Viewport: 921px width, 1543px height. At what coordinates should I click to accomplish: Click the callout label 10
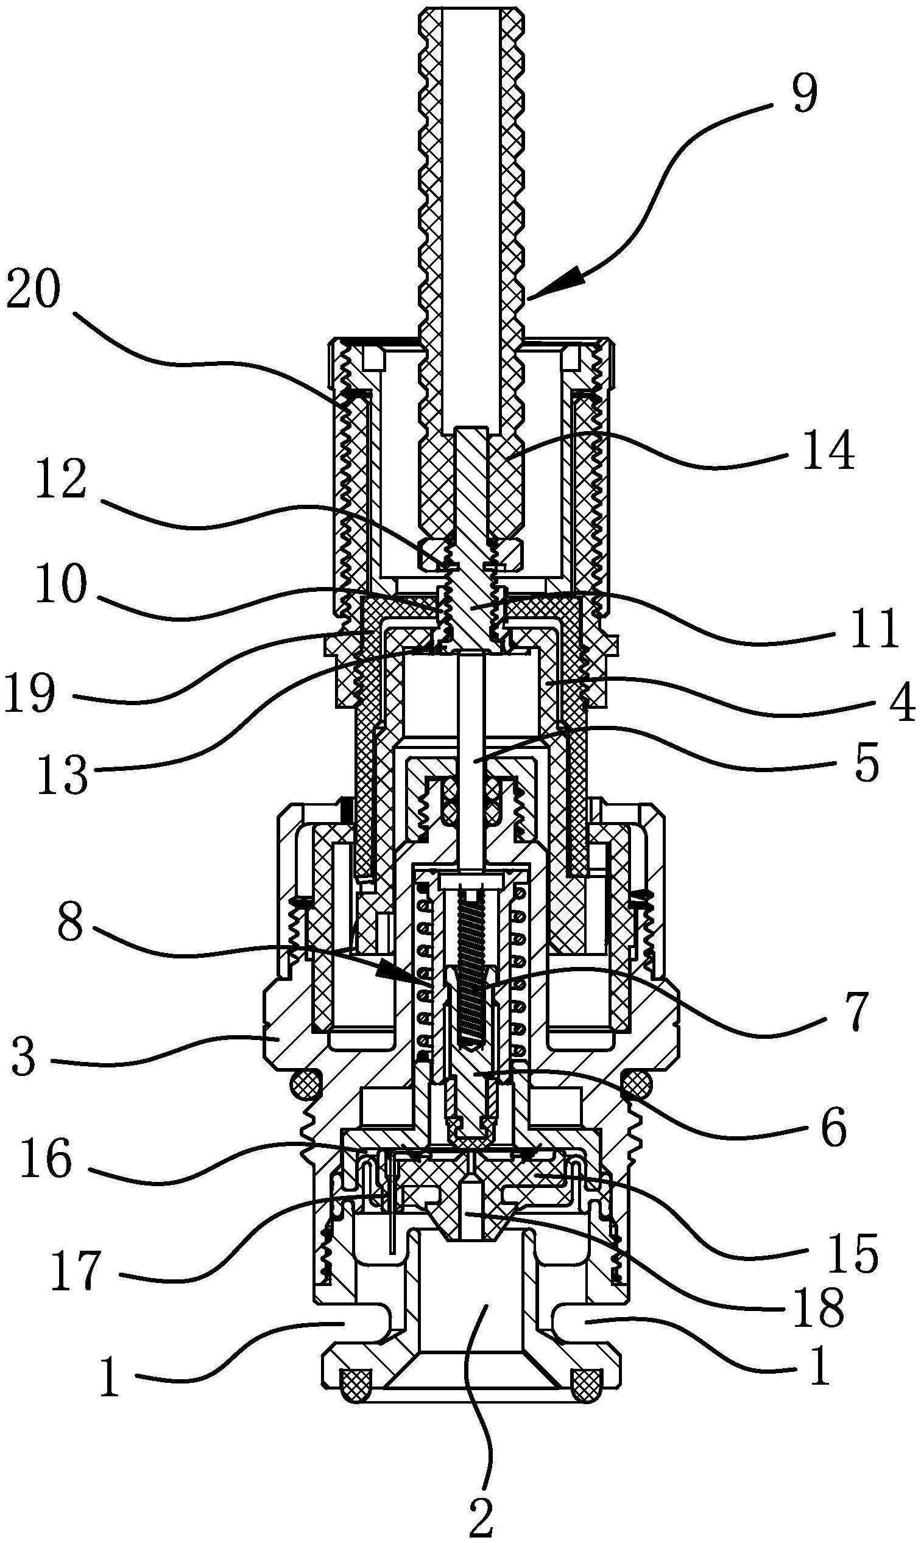pyautogui.click(x=62, y=585)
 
